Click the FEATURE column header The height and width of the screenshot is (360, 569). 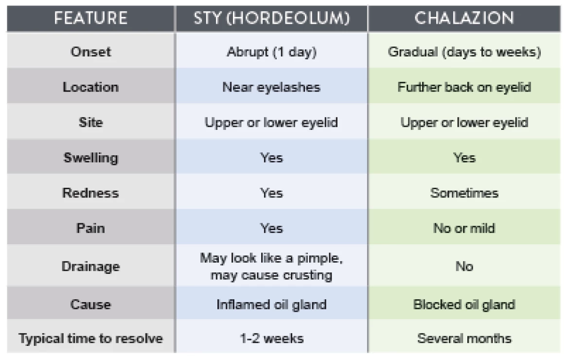[x=91, y=18]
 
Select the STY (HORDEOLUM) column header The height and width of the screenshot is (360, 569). [x=271, y=18]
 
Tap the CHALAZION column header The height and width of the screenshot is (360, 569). [x=464, y=18]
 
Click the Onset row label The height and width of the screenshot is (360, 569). [x=91, y=52]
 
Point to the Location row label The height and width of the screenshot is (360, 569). [x=91, y=87]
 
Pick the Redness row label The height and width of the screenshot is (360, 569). [x=91, y=193]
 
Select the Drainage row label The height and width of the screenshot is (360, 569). [x=91, y=267]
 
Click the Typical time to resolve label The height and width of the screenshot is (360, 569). [x=91, y=338]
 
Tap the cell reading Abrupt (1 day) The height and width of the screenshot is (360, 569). [x=271, y=52]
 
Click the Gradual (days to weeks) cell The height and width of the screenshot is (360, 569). [x=464, y=52]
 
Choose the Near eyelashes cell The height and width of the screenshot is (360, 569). [x=271, y=87]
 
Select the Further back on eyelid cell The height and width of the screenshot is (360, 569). [x=464, y=87]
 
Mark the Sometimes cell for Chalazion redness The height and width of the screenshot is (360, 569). [x=464, y=193]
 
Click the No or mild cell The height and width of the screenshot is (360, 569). [x=464, y=228]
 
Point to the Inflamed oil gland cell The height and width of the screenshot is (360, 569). [x=271, y=305]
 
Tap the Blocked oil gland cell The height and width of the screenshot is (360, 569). [x=464, y=305]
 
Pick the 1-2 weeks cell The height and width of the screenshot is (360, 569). [x=271, y=338]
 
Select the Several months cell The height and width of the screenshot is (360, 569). [x=464, y=338]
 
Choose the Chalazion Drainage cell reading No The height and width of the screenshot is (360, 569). [x=464, y=267]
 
